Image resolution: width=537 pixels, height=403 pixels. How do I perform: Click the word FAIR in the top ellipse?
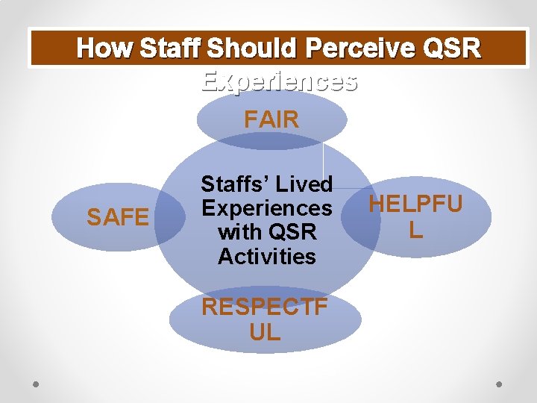coord(271,119)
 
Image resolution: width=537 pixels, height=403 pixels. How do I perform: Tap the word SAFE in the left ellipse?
coord(118,218)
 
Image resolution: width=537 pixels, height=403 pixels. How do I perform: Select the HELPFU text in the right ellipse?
coord(415,204)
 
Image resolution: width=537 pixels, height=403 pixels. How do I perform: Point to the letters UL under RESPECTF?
coord(266,332)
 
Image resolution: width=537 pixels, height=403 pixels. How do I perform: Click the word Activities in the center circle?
coord(267,257)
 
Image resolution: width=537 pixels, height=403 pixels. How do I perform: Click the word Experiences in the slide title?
coord(279,81)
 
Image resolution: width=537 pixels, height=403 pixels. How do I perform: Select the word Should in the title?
coord(256,49)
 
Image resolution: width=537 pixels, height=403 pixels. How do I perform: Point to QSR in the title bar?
coord(451,49)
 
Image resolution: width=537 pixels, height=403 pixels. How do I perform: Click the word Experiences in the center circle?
coord(267,207)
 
